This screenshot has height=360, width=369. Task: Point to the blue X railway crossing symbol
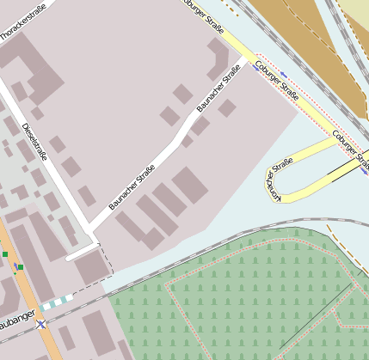pos(40,324)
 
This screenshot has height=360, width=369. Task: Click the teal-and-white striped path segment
pos(57,302)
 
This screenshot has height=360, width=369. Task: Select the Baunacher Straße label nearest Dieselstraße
pos(131,187)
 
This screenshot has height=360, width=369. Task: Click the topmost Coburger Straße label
pos(205,16)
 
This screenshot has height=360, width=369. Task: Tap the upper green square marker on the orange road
pos(5,254)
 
